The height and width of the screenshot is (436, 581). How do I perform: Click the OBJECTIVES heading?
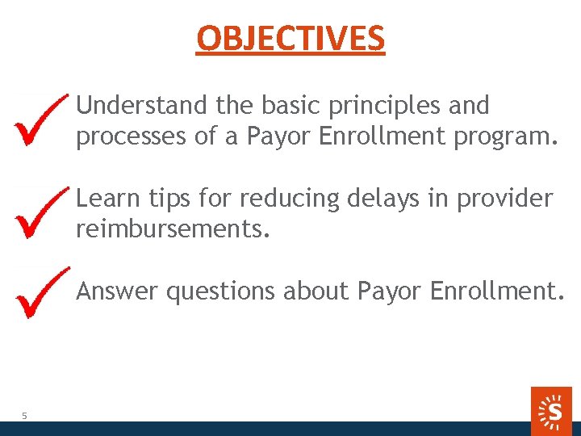pos(290,38)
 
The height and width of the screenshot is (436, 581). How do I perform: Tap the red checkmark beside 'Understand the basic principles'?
pos(40,119)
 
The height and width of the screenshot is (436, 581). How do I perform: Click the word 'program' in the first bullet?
pos(505,138)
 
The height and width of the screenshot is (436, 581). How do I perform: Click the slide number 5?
pos(24,415)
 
